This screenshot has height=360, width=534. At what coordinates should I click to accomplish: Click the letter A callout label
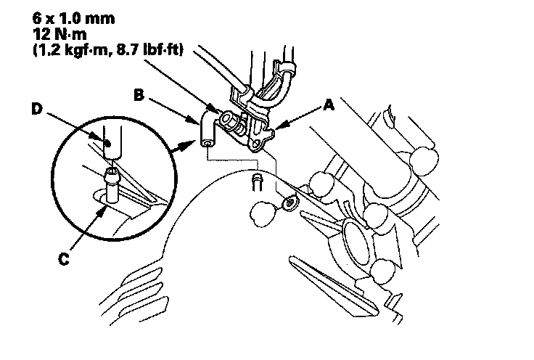pos(329,105)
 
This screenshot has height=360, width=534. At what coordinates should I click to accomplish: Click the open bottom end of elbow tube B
pos(208,145)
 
